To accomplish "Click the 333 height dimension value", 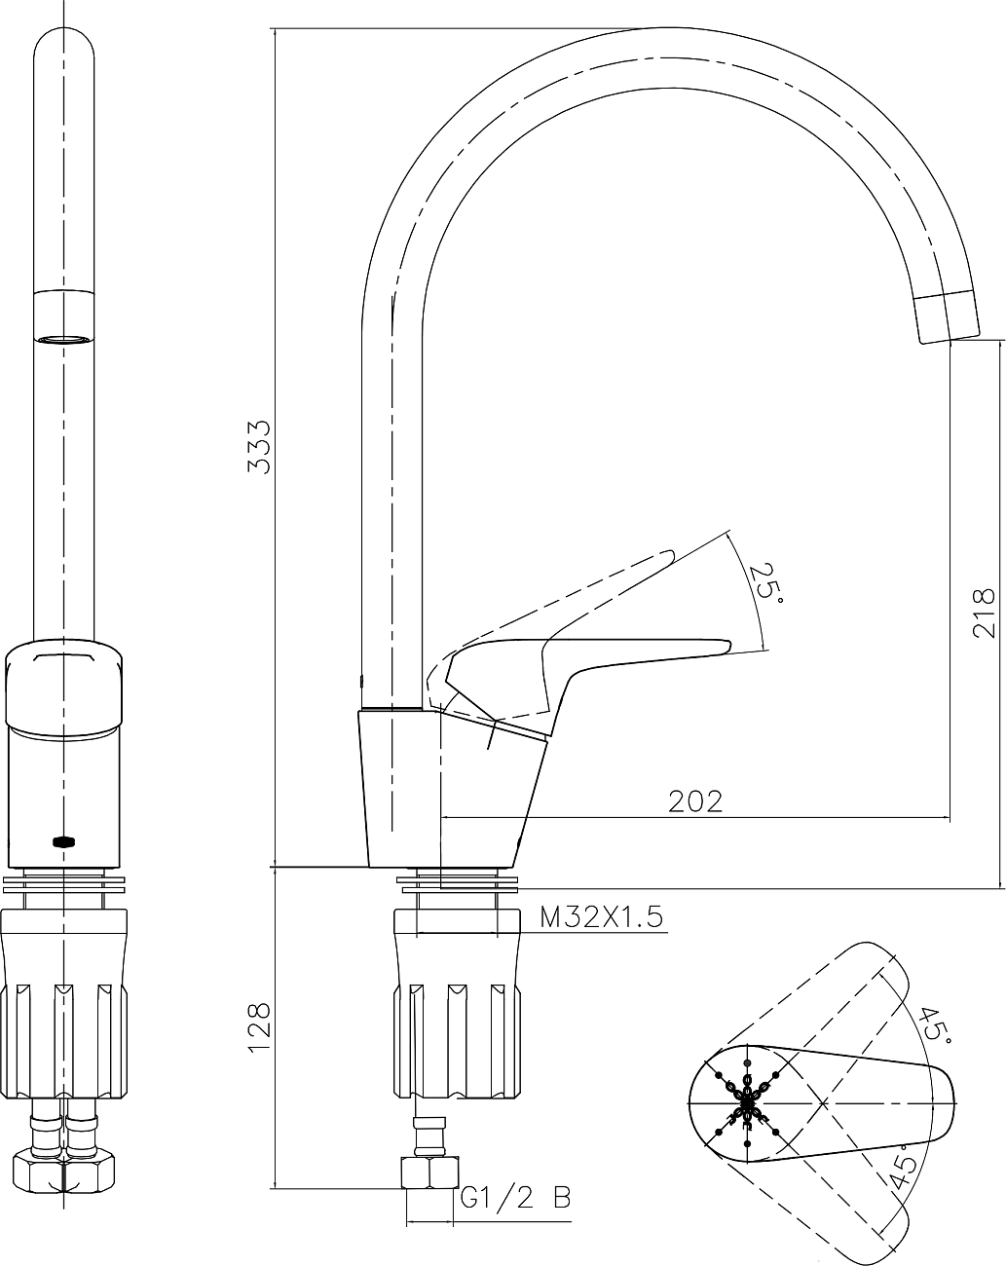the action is pyautogui.click(x=259, y=447).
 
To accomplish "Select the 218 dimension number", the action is pyautogui.click(x=984, y=613).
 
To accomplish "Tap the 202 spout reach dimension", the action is pyautogui.click(x=694, y=801).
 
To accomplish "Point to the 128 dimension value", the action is pyautogui.click(x=259, y=1027).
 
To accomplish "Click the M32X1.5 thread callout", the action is pyautogui.click(x=601, y=917).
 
